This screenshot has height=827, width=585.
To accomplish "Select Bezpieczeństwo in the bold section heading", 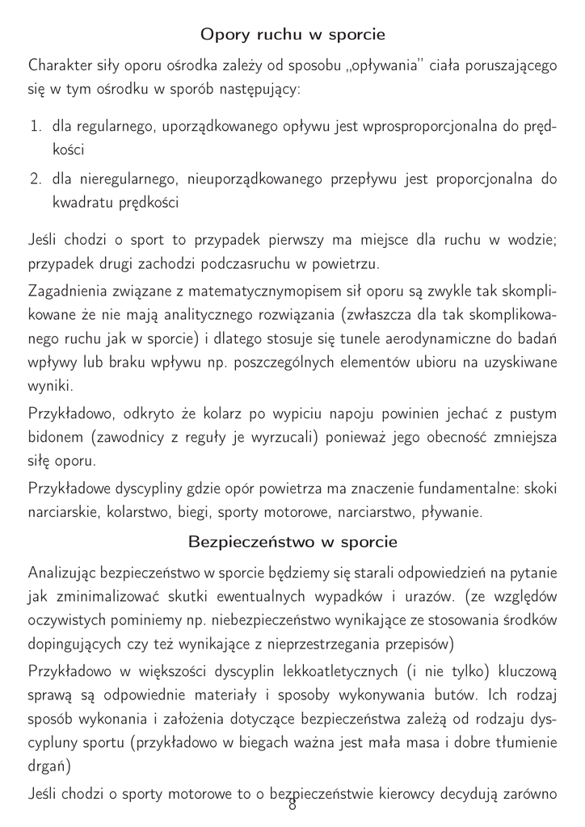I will coord(252,540).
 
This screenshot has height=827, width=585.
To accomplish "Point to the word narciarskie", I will coord(66,512).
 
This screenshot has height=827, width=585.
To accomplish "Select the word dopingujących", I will coord(76,644).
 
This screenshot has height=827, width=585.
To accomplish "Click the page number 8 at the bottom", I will coord(292,804).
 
